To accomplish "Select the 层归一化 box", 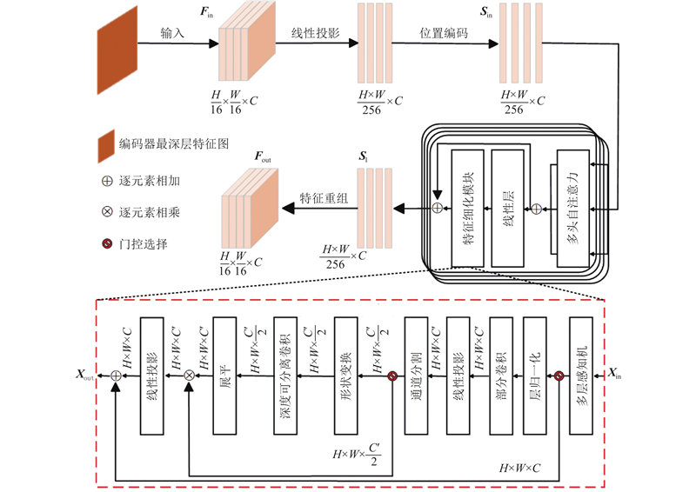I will tap(535, 375).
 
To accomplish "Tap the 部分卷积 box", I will tap(500, 375).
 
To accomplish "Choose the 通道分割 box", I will tap(417, 375).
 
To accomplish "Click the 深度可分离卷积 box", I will tap(285, 375).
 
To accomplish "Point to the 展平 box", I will tap(224, 375).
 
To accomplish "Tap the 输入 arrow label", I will tap(173, 33).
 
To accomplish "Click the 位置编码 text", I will tap(442, 33).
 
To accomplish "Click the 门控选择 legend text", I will tap(144, 244).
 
